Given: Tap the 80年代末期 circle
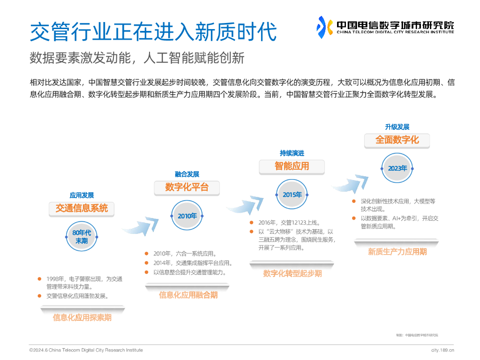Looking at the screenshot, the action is [82, 237].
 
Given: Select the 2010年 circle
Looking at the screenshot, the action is [187, 216].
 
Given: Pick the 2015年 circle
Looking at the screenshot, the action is [292, 195].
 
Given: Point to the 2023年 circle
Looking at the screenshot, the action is [397, 168].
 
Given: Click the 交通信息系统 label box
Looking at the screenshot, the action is [82, 208].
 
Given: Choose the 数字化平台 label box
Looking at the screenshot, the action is [187, 187].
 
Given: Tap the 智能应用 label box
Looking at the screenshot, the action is [292, 166].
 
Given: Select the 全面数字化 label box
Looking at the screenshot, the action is [397, 140].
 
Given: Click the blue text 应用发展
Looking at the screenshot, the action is [82, 195].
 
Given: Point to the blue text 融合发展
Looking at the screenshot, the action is [187, 174].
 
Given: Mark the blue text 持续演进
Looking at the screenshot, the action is [292, 153].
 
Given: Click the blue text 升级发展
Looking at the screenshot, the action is [397, 127].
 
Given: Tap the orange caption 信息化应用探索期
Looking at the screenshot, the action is [82, 318].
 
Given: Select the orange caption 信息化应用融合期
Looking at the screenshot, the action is [188, 295].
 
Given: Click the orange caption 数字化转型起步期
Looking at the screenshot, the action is [292, 274].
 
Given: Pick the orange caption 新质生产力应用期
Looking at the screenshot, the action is [397, 252].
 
